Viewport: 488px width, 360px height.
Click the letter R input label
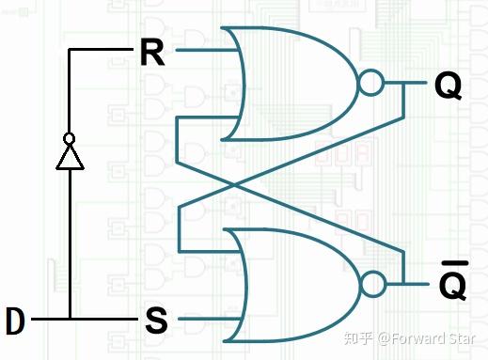coord(150,53)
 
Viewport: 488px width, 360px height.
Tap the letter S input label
coord(156,321)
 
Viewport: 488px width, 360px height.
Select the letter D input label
coord(15,321)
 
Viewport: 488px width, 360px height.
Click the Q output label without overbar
coord(448,86)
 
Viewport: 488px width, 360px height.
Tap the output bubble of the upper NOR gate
coord(371,85)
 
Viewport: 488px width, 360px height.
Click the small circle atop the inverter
coord(69,138)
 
